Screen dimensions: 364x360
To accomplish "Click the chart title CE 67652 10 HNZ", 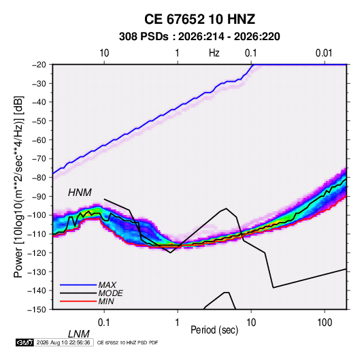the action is point(199,19).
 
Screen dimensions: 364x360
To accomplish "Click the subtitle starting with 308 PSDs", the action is point(199,37).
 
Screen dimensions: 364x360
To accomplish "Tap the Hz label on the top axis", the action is point(214,53).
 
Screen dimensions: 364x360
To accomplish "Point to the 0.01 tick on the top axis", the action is point(324,53).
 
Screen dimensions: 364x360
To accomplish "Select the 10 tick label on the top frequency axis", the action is point(104,53).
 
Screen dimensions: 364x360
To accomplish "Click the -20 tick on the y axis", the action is point(39,65).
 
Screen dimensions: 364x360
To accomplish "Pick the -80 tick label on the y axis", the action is point(39,178).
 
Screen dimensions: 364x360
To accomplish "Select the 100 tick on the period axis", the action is point(325,323).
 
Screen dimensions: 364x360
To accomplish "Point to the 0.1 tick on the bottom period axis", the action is point(104,323).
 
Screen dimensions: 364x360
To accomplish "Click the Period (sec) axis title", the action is point(214,330).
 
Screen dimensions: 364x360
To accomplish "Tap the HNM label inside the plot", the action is point(80,193).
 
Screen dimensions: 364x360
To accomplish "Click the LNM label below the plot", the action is point(78,334).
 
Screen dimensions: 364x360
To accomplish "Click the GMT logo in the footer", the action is point(24,342).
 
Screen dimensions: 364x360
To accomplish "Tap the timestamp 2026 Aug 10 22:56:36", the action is point(63,342).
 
